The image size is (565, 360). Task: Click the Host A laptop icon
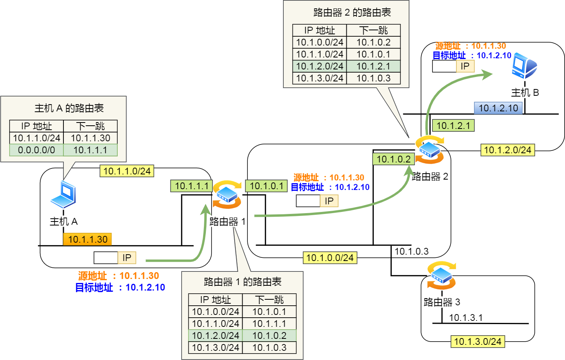(x=63, y=194)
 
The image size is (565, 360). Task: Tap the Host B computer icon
(x=524, y=66)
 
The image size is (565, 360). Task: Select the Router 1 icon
(x=227, y=194)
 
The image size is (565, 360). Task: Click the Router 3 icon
(x=441, y=275)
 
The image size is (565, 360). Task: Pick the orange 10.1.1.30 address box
(x=87, y=239)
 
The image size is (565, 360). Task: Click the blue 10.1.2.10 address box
(x=498, y=108)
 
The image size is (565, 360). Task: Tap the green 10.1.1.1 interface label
(x=192, y=186)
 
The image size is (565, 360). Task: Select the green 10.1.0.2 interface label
(x=393, y=159)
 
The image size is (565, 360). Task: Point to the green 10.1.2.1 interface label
(x=453, y=126)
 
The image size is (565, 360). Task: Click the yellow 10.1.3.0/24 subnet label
(x=478, y=342)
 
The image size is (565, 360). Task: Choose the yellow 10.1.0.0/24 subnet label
(x=330, y=258)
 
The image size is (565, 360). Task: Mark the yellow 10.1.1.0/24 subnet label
(x=127, y=171)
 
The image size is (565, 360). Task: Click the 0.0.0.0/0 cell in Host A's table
(x=36, y=150)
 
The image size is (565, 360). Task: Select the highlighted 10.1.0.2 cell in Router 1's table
(x=269, y=336)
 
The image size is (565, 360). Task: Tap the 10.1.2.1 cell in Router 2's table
(x=373, y=66)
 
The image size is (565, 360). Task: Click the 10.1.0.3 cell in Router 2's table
(x=373, y=78)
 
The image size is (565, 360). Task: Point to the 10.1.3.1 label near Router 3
(x=466, y=318)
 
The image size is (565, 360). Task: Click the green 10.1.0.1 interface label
(x=266, y=186)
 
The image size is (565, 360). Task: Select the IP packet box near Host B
(x=453, y=66)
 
